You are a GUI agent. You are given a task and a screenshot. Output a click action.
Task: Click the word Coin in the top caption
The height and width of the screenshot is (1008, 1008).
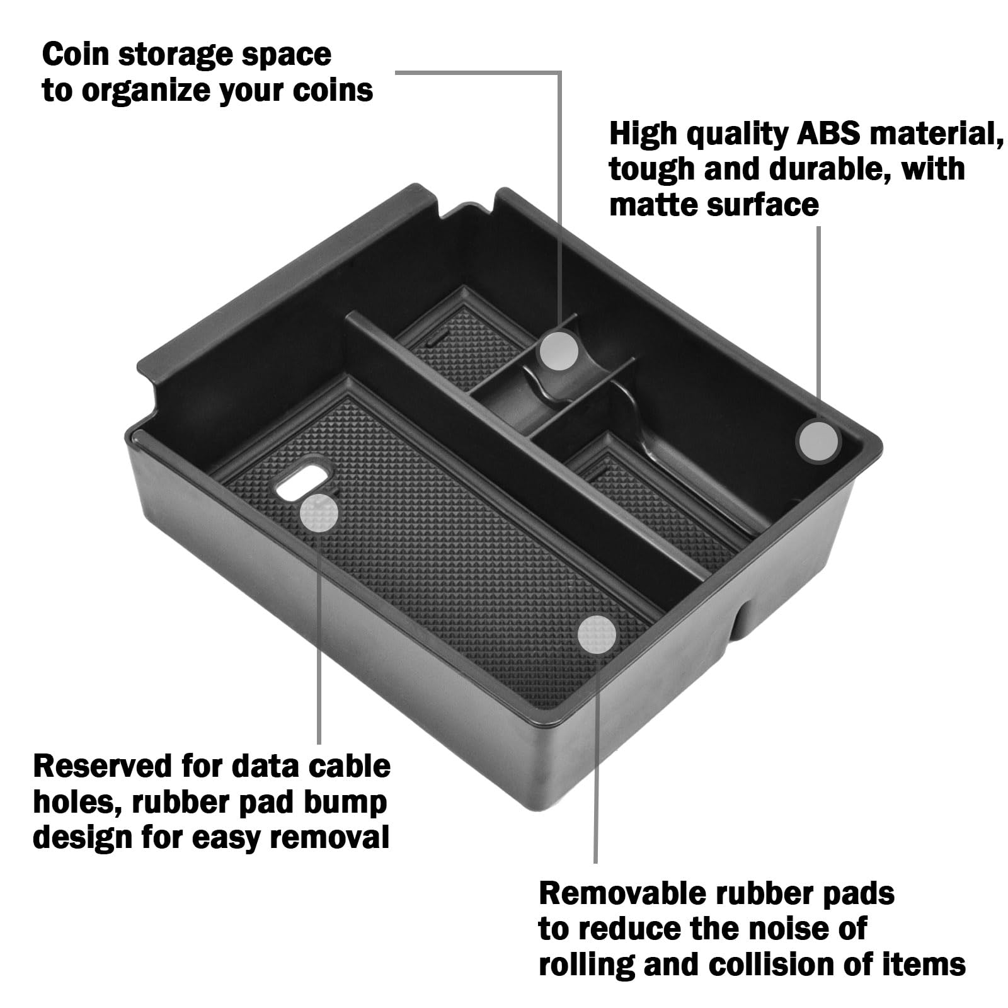click(75, 55)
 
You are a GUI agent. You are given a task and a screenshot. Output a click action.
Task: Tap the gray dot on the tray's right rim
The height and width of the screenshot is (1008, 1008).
click(818, 442)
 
